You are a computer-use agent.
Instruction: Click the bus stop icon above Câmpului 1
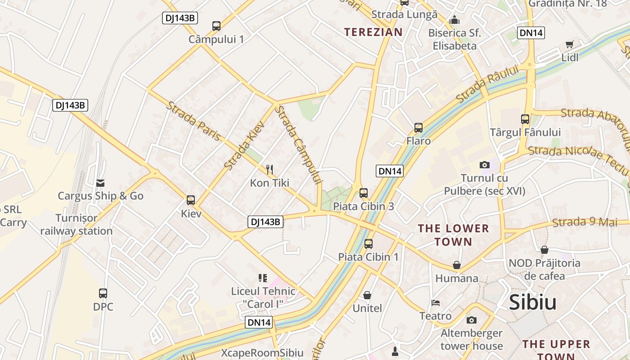click(x=216, y=26)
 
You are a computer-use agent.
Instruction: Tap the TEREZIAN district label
click(x=373, y=32)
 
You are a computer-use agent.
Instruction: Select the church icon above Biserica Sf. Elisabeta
click(x=454, y=20)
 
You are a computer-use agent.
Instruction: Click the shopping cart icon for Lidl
click(x=570, y=44)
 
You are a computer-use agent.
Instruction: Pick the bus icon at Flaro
click(x=418, y=128)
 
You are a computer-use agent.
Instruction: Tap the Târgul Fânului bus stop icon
click(x=525, y=119)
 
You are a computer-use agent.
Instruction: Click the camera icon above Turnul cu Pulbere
click(x=485, y=165)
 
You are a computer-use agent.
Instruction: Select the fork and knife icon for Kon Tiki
click(x=270, y=170)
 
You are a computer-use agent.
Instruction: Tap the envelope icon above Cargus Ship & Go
click(x=100, y=183)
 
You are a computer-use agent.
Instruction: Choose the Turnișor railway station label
click(x=76, y=225)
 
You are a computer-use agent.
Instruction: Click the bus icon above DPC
click(x=103, y=293)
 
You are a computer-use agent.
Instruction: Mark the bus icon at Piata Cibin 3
click(x=364, y=193)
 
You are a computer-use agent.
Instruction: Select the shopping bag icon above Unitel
click(x=367, y=295)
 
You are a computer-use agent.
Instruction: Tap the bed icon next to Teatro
click(x=435, y=302)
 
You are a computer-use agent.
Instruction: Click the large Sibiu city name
click(x=533, y=302)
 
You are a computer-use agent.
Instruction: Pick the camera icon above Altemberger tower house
click(x=472, y=320)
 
